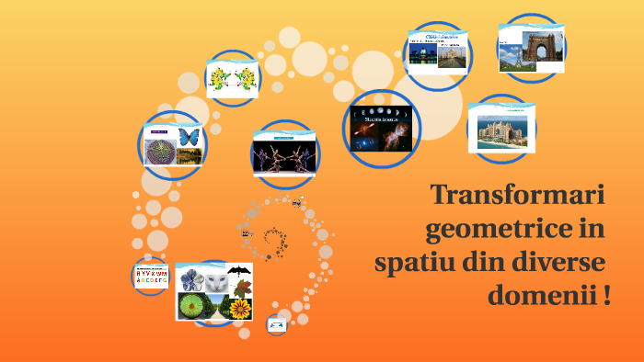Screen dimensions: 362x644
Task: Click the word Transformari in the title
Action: pyautogui.click(x=517, y=196)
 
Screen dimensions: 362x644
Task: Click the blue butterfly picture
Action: pyautogui.click(x=190, y=136)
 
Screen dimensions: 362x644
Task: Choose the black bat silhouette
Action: pyautogui.click(x=239, y=271)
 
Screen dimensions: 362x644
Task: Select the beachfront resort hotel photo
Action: pyautogui.click(x=502, y=130)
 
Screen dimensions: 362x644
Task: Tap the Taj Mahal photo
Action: pyautogui.click(x=452, y=53)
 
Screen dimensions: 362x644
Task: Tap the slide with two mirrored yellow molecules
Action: pyautogui.click(x=232, y=78)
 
